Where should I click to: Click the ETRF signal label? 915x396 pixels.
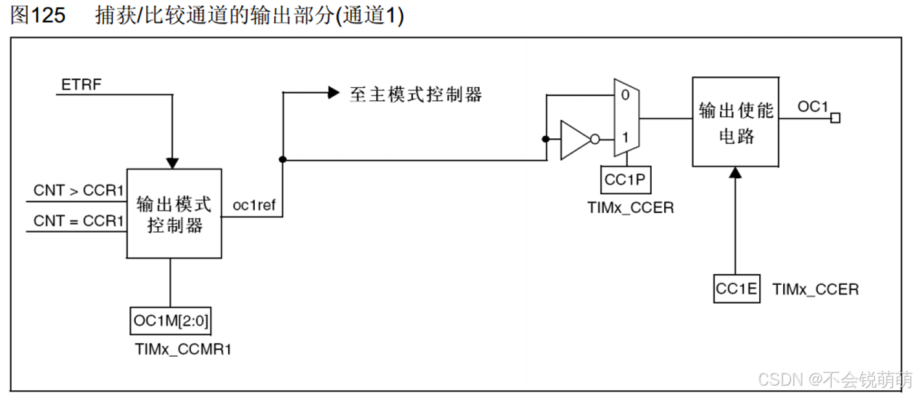click(x=81, y=85)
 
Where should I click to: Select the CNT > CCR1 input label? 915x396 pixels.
click(x=78, y=191)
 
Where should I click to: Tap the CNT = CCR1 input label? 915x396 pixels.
click(x=78, y=221)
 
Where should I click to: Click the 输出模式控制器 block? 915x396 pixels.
click(x=174, y=214)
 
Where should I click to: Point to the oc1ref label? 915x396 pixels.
click(x=254, y=206)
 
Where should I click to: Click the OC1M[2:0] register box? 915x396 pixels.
click(x=171, y=320)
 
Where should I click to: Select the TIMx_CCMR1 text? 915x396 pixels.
click(x=183, y=349)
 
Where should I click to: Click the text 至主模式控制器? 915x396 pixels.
click(x=416, y=94)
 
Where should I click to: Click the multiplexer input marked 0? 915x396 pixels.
click(x=624, y=94)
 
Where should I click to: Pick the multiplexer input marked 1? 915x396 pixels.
click(x=624, y=138)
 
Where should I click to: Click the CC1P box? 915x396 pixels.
click(x=625, y=180)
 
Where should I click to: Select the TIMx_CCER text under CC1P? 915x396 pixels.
click(x=630, y=207)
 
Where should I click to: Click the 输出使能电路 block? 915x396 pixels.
click(x=735, y=122)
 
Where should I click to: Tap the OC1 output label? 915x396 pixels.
click(x=812, y=107)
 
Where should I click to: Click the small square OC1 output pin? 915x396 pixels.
click(x=835, y=118)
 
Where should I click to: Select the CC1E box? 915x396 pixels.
click(x=737, y=289)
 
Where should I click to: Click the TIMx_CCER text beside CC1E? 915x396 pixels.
click(x=815, y=289)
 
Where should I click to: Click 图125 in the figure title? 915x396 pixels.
click(x=38, y=16)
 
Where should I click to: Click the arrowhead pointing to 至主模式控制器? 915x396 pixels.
click(x=333, y=93)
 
